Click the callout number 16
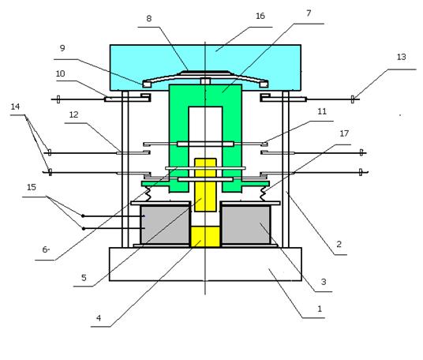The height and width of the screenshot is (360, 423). pos(260,17)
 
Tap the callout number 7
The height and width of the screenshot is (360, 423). pos(309,13)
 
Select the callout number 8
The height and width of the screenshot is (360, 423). pos(149,19)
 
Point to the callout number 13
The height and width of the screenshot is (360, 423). pos(402,57)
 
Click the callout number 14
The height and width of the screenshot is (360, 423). pos(15,107)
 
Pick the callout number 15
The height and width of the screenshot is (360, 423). pos(32,187)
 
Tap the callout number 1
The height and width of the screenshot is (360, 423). pos(320,309)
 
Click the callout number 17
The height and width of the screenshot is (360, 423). pos(344,133)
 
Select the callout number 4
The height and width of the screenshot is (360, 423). pos(99,318)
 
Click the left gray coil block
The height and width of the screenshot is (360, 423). pos(165,224)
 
